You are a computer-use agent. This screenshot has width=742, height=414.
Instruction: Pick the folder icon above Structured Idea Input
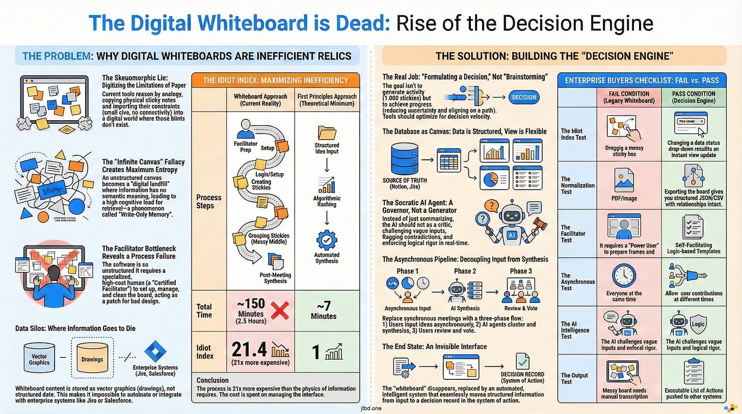coord(326,132)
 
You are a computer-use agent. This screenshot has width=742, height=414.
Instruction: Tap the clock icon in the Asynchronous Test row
coord(624,275)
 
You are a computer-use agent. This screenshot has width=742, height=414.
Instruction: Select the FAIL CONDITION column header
coord(629,97)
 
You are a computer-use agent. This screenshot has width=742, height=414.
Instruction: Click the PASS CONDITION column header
coord(694,97)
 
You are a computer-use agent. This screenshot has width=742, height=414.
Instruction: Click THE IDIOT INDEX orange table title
coord(276,80)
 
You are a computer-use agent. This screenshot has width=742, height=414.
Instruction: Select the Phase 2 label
coord(465,271)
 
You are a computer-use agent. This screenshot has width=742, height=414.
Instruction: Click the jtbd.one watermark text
coord(370,408)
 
